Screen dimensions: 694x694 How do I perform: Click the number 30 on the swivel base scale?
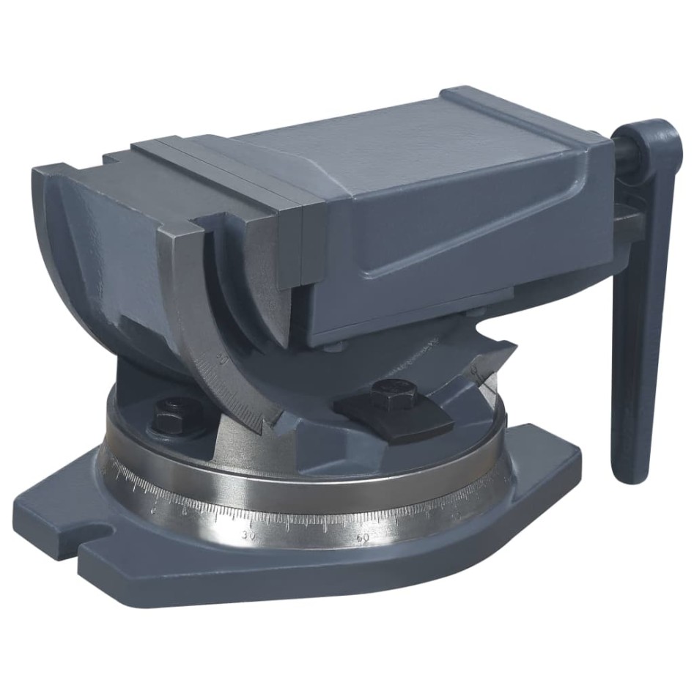[x=249, y=536]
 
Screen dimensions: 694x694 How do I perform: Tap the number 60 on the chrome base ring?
[x=362, y=539]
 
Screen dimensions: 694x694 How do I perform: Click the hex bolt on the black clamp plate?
[x=388, y=396]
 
